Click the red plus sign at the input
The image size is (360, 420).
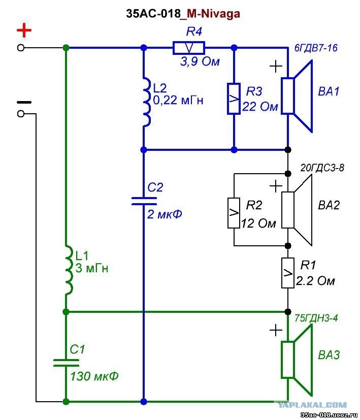click(x=24, y=30)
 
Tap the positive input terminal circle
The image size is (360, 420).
click(x=21, y=48)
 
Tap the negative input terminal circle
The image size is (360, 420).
click(x=21, y=114)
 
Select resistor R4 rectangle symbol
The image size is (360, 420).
click(x=189, y=48)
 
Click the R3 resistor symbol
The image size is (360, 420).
click(x=234, y=99)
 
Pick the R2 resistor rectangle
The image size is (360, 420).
click(x=234, y=213)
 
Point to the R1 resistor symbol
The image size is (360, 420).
click(x=288, y=273)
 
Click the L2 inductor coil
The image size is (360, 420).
click(x=147, y=102)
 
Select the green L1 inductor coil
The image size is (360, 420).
click(x=69, y=270)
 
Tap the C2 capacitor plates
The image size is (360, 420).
click(x=144, y=201)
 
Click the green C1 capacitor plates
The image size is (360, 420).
click(x=66, y=363)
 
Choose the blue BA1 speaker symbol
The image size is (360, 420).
click(x=297, y=96)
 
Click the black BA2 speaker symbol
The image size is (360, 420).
click(x=297, y=210)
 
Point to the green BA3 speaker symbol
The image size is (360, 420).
click(x=297, y=360)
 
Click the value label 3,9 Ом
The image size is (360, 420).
click(x=200, y=61)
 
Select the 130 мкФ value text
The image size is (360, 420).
click(x=94, y=376)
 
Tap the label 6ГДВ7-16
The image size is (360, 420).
click(x=316, y=48)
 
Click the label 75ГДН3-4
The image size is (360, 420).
click(x=316, y=318)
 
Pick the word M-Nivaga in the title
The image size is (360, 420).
click(x=213, y=13)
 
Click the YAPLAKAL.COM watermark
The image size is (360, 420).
click(x=312, y=405)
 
